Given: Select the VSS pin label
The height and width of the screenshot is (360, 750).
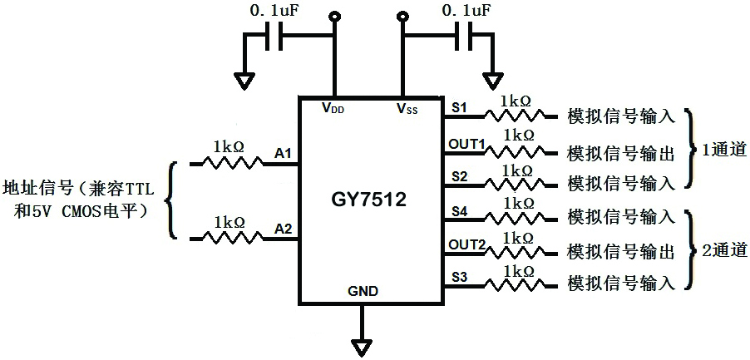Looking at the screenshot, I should pos(407,107).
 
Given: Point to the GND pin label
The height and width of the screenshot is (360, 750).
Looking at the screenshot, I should pos(363,292).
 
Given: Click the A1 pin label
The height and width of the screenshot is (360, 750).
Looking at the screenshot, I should pos(283,153).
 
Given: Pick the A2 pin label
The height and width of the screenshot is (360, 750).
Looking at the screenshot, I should pos(283,229).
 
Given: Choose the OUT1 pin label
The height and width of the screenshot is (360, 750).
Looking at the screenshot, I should pos(466,144).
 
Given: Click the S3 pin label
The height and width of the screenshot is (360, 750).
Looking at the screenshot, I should pos(459,275).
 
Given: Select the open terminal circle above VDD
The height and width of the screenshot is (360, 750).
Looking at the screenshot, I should pos(335,17).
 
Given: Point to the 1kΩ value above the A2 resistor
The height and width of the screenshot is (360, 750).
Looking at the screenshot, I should pos(229,222).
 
